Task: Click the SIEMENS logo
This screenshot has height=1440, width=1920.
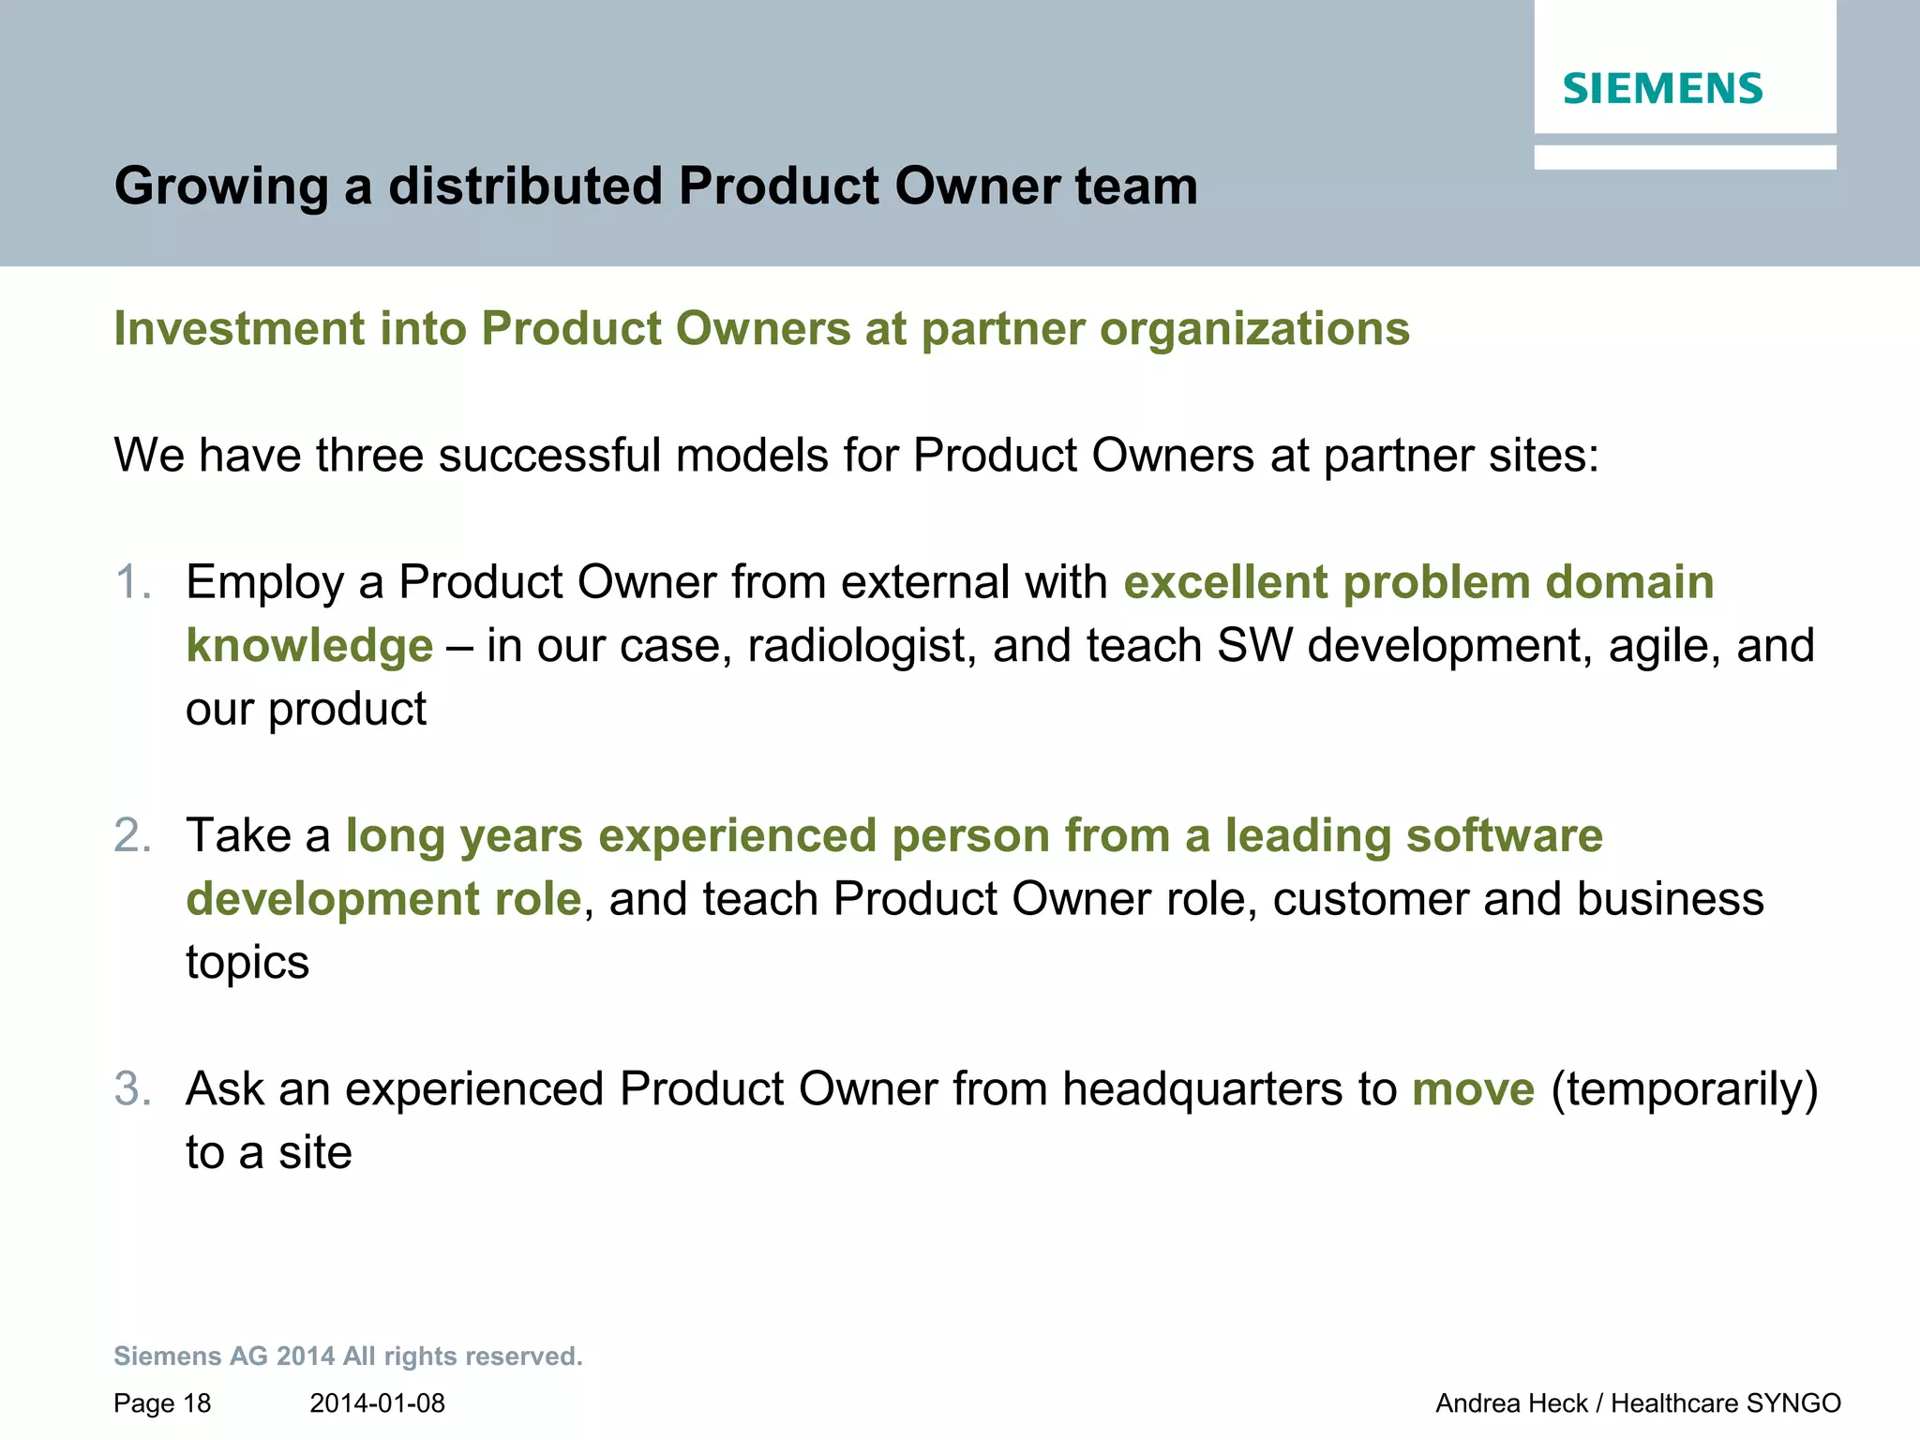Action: click(1662, 89)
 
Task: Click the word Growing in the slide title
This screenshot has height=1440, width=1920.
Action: click(221, 187)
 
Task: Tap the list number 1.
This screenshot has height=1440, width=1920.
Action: click(132, 582)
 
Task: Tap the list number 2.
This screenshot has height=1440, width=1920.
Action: click(132, 835)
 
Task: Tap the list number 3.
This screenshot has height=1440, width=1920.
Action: click(132, 1089)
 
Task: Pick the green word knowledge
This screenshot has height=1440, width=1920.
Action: click(309, 646)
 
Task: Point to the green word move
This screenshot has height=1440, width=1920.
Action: click(1473, 1089)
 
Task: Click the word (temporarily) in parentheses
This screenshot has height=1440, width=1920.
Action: click(1685, 1089)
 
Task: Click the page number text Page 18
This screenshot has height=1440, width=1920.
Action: click(162, 1403)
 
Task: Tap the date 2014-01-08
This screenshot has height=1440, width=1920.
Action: click(377, 1403)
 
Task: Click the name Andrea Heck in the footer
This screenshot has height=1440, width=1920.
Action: click(1511, 1403)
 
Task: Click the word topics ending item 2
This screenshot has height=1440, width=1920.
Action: click(247, 963)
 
